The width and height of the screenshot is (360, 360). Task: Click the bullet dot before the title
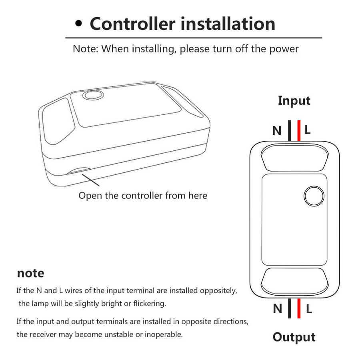coord(78,24)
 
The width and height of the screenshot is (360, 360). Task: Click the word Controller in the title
coord(132,24)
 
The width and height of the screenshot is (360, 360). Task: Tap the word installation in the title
coord(228,24)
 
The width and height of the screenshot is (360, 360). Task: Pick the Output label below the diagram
coord(294,338)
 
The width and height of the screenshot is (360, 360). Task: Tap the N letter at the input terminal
coord(277,131)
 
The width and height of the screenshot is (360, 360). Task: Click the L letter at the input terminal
coord(308,130)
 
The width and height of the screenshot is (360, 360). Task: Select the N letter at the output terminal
coord(277,308)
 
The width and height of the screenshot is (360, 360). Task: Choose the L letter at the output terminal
coord(309,309)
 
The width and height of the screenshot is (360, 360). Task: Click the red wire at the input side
coord(299,130)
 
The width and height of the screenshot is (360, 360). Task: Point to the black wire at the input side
coord(290,130)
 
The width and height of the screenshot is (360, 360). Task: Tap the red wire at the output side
coord(299,308)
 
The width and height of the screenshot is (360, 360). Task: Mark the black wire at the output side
coord(290,308)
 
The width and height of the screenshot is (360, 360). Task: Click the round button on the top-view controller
coord(314,196)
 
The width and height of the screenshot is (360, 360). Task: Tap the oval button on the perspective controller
coord(93,95)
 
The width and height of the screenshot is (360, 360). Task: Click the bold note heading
coord(30,273)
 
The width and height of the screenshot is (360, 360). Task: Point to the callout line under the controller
coord(91,180)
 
